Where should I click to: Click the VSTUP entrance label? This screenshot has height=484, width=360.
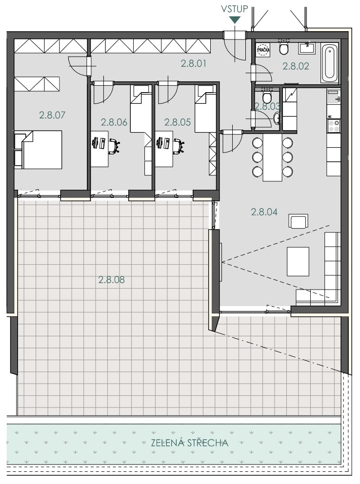235,9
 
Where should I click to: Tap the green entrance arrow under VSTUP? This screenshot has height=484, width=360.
235,20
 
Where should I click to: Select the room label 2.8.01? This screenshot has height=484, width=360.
194,63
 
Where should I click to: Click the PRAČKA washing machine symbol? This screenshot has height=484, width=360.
263,50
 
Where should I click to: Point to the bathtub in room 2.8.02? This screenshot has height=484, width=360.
330,63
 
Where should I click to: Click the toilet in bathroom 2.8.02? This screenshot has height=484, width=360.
284,48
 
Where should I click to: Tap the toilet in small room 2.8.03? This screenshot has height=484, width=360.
267,97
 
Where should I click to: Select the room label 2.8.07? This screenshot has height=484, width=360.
52,115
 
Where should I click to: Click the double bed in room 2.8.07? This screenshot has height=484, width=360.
39,150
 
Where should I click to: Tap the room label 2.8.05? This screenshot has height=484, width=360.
178,122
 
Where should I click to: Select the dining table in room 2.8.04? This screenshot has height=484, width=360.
273,157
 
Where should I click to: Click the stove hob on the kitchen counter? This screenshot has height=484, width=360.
334,126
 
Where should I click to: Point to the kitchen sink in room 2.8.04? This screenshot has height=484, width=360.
334,98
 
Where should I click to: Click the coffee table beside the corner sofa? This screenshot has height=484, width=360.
298,261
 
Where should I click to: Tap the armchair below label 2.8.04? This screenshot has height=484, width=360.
298,221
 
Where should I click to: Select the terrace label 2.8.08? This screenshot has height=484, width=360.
112,280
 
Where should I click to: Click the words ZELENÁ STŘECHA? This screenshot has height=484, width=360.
190,443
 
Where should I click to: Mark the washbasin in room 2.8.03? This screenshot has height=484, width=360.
277,117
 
